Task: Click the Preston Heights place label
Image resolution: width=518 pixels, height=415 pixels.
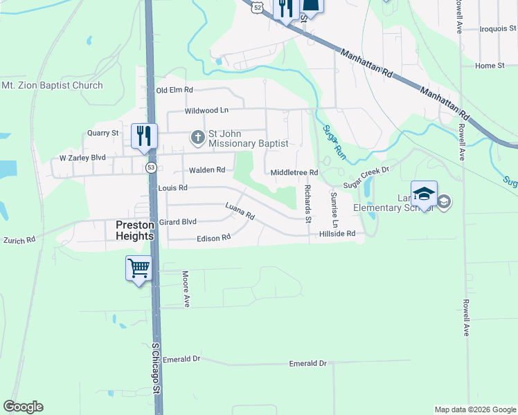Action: [134, 229]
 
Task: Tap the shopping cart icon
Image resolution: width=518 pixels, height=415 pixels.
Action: [139, 268]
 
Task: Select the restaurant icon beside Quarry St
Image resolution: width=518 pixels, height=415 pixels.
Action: [145, 136]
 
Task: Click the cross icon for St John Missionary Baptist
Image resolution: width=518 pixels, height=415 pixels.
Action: [197, 137]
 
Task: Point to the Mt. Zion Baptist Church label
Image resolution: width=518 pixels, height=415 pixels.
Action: [52, 86]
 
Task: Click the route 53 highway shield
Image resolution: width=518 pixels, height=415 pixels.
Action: [151, 167]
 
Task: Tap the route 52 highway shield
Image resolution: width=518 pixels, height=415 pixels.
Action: [258, 6]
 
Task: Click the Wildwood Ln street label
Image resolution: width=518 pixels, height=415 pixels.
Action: [206, 110]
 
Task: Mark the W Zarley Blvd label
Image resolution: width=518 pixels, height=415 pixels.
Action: [82, 158]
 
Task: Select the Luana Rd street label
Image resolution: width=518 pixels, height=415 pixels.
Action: [240, 211]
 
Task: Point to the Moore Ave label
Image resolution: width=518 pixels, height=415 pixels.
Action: [186, 288]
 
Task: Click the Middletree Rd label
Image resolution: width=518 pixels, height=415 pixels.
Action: [294, 172]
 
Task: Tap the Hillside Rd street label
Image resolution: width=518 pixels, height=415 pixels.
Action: [337, 234]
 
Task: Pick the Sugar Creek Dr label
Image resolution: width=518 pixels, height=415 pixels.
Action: [366, 177]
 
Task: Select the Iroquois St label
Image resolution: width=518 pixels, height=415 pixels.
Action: [498, 29]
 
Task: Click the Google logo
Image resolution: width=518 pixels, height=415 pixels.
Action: [23, 407]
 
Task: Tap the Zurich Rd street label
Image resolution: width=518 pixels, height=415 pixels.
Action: [19, 240]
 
